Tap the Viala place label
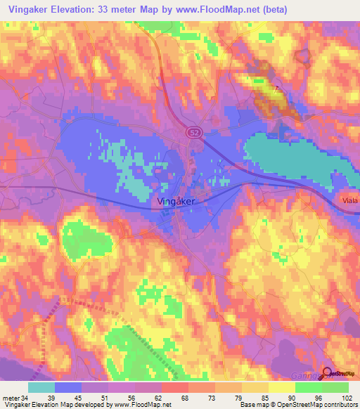tap(349, 200)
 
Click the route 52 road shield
tap(193, 131)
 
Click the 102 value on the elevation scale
tap(343, 398)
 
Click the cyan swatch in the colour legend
tap(42, 387)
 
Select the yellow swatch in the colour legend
tap(281, 387)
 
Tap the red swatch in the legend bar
tap(174, 387)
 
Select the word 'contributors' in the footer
tap(342, 405)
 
